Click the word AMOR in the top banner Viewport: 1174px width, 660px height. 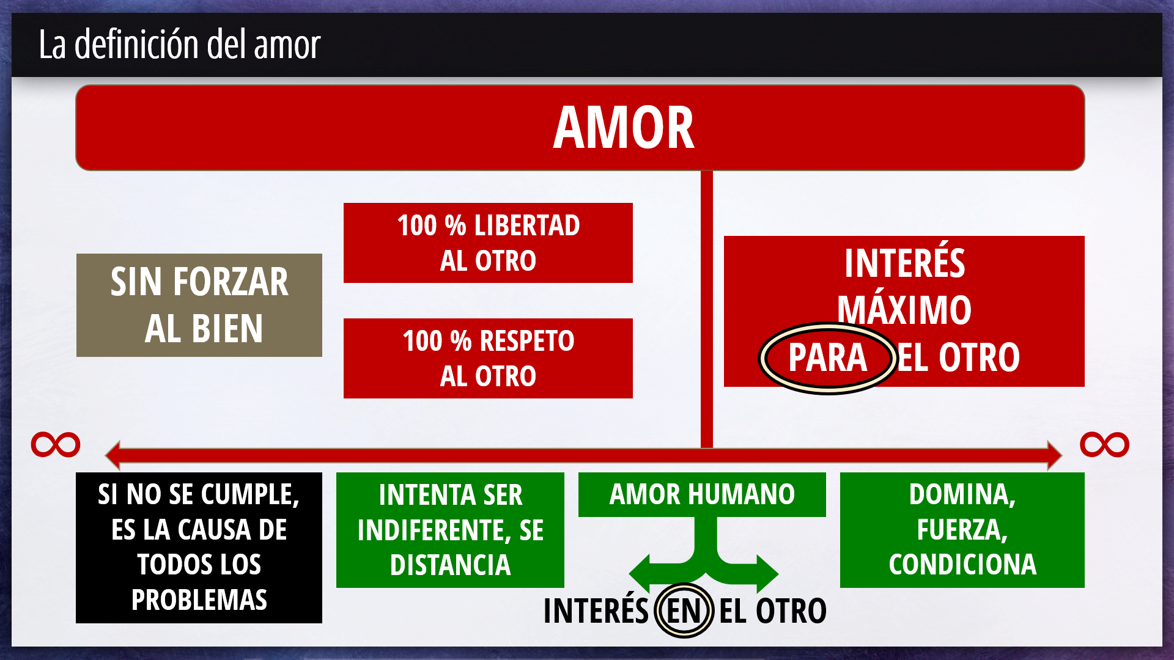pyautogui.click(x=624, y=127)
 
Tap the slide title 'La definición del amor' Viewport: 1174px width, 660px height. pyautogui.click(x=179, y=44)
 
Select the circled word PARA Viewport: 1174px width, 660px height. pyautogui.click(x=827, y=358)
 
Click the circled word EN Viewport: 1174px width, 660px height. pyautogui.click(x=684, y=610)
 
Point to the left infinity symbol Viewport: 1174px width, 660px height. pyautogui.click(x=56, y=444)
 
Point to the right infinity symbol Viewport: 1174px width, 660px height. pyautogui.click(x=1104, y=444)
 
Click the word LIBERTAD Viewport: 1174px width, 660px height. pyautogui.click(x=527, y=226)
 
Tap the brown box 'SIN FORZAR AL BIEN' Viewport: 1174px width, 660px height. pyautogui.click(x=199, y=305)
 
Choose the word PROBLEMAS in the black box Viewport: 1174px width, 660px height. pyautogui.click(x=199, y=600)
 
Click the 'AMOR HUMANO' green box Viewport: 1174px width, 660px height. pyautogui.click(x=702, y=494)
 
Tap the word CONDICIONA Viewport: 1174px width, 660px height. pyautogui.click(x=962, y=565)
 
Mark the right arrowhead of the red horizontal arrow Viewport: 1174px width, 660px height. pyautogui.click(x=1055, y=455)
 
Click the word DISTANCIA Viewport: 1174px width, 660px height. pyautogui.click(x=451, y=565)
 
